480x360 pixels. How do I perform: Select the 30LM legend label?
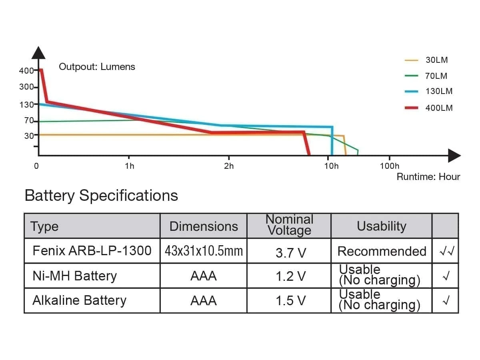tap(436, 60)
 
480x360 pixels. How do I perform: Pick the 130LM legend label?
tap(439, 91)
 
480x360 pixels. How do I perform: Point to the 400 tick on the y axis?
tap(26, 71)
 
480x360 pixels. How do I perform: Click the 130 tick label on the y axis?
tap(26, 104)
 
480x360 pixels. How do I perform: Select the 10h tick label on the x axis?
tap(331, 166)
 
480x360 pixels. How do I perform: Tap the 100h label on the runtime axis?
tap(389, 166)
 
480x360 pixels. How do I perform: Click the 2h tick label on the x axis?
tap(229, 166)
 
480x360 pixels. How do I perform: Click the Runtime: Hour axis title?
tap(428, 177)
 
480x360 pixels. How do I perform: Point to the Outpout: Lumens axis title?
tap(97, 67)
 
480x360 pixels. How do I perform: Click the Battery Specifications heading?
tap(101, 196)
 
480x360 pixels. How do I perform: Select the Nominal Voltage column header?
tap(289, 225)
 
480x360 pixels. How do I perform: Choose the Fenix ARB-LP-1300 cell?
tap(92, 251)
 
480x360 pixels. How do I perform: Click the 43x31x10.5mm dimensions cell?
tap(204, 251)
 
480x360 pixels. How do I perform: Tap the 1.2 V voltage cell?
tap(290, 276)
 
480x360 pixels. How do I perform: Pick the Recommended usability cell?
tap(382, 251)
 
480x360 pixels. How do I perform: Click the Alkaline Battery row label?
tap(79, 300)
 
